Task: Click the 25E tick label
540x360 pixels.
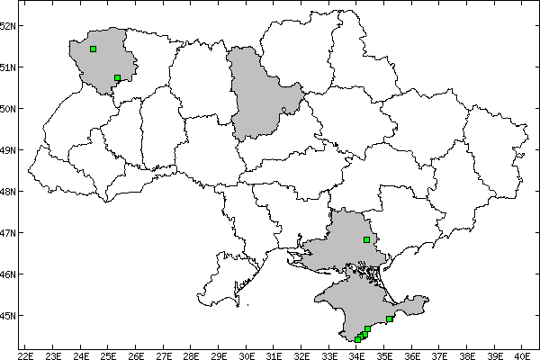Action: point(108,354)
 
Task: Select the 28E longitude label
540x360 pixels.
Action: point(191,354)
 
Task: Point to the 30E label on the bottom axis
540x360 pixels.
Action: point(246,354)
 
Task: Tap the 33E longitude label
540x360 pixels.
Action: point(328,354)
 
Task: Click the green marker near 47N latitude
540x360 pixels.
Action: point(366,239)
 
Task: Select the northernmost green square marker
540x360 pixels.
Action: point(94,49)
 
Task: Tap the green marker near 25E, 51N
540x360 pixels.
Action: point(118,77)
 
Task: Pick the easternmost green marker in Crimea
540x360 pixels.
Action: point(389,319)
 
